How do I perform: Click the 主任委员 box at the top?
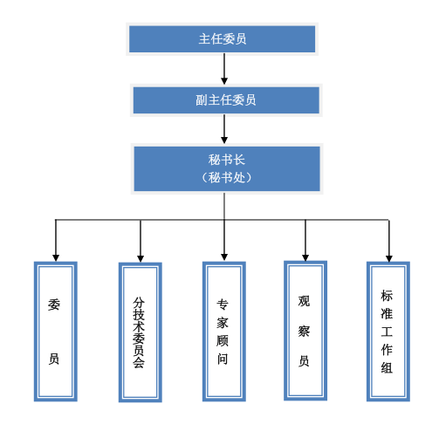tap(222, 39)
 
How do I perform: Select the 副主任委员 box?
tap(226, 100)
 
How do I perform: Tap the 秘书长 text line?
tap(227, 160)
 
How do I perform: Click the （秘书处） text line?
tap(227, 177)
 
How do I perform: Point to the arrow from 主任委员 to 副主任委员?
tap(224, 69)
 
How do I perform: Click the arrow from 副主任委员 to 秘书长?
tap(224, 129)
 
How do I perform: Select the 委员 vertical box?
tap(56, 332)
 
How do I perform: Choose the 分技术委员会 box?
tap(141, 332)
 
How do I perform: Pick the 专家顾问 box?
tap(224, 332)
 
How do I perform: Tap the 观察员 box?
tap(305, 331)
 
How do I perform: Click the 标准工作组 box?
tap(388, 332)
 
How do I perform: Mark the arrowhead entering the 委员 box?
tap(56, 258)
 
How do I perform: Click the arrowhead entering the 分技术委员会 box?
tap(141, 259)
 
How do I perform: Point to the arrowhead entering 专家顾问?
tap(224, 257)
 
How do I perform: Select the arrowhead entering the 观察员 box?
tap(305, 257)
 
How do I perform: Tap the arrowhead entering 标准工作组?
tap(389, 258)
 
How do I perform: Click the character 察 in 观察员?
tap(304, 332)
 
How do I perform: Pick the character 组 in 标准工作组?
tap(387, 367)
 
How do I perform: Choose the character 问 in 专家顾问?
tap(223, 359)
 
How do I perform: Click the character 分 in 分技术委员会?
tap(139, 302)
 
